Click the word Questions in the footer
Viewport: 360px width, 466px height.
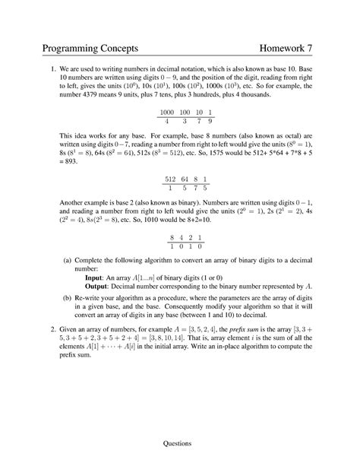point(179,443)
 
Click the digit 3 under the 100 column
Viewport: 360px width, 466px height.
point(182,120)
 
